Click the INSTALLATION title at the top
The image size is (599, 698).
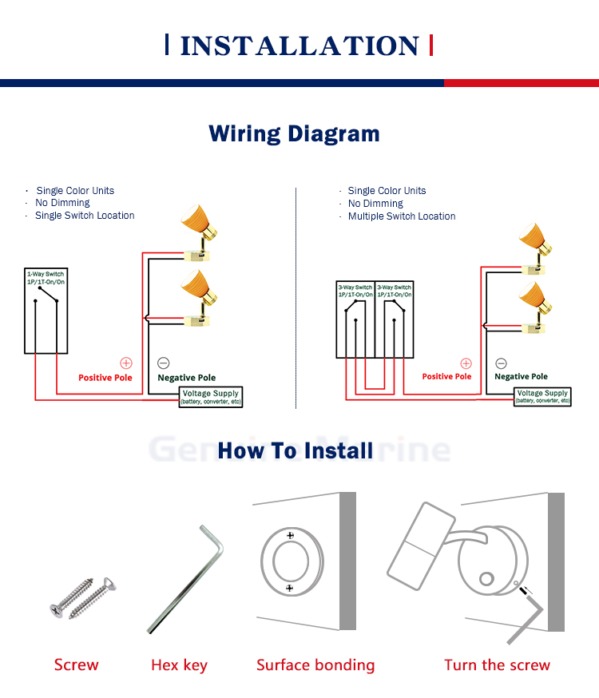[299, 46]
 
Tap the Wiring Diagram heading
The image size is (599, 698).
[294, 133]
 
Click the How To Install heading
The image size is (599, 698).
[296, 450]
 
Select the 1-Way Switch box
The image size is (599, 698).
[46, 311]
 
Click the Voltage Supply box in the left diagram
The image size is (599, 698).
[212, 397]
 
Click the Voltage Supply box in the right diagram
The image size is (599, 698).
[542, 396]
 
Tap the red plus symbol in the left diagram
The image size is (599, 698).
[125, 363]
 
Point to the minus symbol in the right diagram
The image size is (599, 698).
[502, 363]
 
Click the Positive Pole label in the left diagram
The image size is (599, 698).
[105, 377]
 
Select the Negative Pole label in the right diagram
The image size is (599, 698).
[521, 376]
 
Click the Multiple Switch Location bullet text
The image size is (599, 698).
[402, 216]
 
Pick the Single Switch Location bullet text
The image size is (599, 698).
[85, 216]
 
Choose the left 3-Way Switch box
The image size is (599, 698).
[355, 319]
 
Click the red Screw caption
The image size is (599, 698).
[77, 664]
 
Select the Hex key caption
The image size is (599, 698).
[179, 665]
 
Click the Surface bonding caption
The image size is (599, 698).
[315, 665]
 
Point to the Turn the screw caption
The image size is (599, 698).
[497, 665]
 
